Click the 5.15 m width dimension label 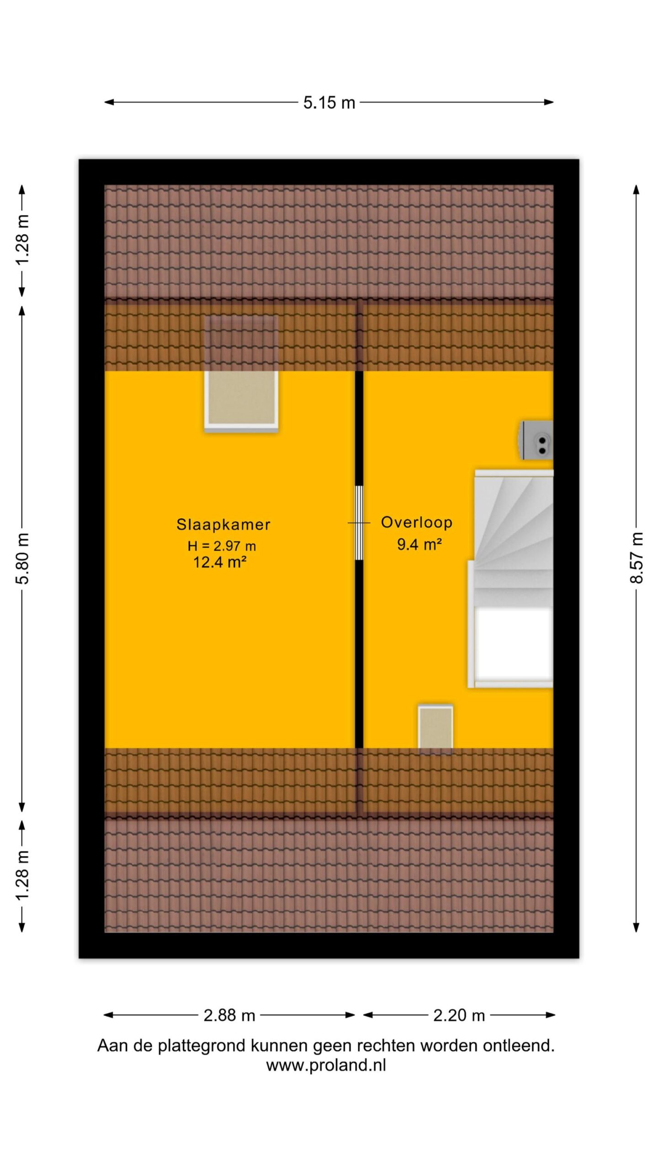pos(329,102)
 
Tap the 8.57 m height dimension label pos(637,558)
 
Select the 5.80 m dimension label pos(22,558)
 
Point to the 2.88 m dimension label pos(229,1015)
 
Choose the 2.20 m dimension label pos(459,1015)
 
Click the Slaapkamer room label pos(223,524)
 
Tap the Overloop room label pos(417,522)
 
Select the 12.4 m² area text pos(220,562)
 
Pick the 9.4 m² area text pos(419,544)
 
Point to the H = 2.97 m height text pos(222,546)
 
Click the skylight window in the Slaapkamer pos(241,373)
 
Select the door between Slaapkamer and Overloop pos(359,523)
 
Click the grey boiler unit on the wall pos(536,440)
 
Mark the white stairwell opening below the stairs pos(513,643)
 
